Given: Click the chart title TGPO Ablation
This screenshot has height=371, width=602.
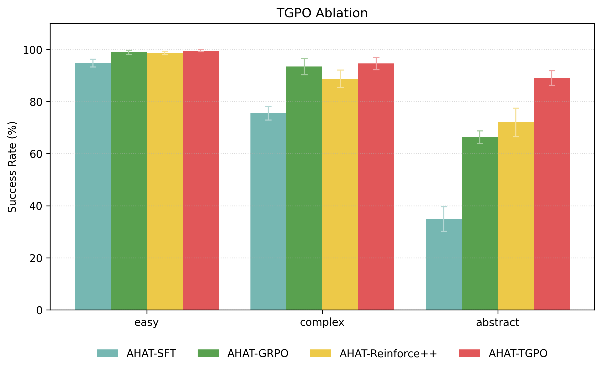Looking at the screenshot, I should click(322, 13).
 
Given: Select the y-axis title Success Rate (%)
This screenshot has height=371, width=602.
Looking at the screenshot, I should click(12, 167).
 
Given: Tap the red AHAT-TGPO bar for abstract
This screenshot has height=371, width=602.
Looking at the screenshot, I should click(551, 194).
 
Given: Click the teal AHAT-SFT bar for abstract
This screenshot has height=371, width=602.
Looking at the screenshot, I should click(443, 264).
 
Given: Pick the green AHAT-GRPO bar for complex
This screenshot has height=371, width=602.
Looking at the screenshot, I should click(304, 188).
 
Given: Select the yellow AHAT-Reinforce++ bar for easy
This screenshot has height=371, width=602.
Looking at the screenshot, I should click(165, 181).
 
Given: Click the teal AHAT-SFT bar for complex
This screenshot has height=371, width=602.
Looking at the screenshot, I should click(268, 211).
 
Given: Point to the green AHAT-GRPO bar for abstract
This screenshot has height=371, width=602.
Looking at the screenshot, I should click(480, 223).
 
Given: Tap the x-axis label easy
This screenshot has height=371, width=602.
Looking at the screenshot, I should click(146, 323).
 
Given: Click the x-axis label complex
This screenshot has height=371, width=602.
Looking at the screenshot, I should click(322, 323).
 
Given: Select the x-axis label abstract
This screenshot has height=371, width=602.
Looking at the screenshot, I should click(497, 323).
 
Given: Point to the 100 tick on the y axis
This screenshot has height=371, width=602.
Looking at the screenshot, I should click(33, 50).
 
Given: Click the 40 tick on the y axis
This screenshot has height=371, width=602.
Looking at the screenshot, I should click(36, 206).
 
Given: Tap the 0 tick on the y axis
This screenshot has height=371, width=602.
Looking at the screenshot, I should click(39, 310).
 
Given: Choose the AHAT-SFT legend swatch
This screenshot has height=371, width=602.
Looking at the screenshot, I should click(107, 353).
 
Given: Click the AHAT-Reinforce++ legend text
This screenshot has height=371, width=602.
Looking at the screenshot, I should click(388, 353).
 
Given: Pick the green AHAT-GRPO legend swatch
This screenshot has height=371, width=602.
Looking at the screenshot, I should click(208, 353).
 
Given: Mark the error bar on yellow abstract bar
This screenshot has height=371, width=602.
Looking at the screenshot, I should click(516, 122).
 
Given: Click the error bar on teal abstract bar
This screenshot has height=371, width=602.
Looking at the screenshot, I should click(444, 219).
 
